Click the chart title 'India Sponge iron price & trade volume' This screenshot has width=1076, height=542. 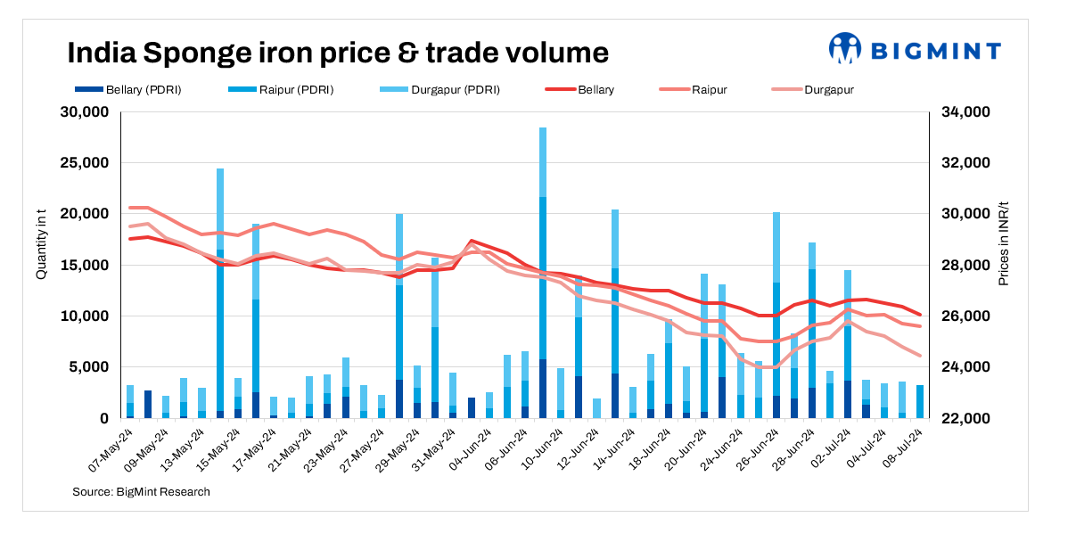click(338, 53)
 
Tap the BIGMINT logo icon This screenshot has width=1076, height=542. click(844, 49)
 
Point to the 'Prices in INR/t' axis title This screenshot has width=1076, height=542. click(1003, 242)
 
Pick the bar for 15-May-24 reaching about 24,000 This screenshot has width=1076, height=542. click(220, 294)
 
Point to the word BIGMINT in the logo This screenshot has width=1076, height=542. click(935, 50)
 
